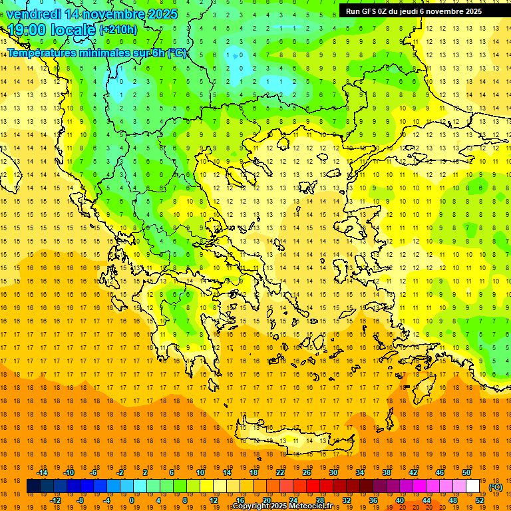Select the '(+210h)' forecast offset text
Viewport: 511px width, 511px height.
click(x=118, y=29)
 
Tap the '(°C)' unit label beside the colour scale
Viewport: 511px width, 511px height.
click(x=496, y=488)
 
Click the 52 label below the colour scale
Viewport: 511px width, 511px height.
click(x=480, y=500)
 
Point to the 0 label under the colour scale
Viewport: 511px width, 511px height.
click(x=132, y=500)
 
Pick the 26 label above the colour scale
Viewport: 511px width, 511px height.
click(x=307, y=472)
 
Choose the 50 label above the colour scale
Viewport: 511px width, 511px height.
click(x=466, y=472)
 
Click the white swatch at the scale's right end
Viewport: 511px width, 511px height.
click(x=473, y=486)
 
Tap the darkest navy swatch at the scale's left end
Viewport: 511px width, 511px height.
click(x=33, y=486)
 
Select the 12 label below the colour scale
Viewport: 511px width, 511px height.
click(x=213, y=500)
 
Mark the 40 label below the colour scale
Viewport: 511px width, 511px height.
click(x=400, y=500)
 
